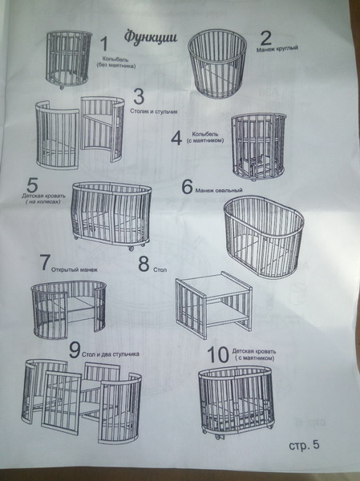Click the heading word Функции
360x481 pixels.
(x=151, y=37)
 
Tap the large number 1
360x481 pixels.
(x=105, y=44)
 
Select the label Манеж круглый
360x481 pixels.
(x=277, y=48)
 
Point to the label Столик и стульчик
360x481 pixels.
(x=154, y=111)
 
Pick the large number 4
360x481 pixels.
(x=176, y=138)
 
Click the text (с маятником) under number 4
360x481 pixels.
(x=205, y=140)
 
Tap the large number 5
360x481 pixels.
(x=32, y=186)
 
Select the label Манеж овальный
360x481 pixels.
(x=219, y=190)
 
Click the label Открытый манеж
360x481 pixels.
(x=75, y=270)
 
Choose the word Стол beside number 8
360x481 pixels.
(x=160, y=270)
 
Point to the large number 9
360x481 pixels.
(x=75, y=350)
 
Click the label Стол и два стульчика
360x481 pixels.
(x=111, y=354)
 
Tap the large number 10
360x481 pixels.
(x=218, y=355)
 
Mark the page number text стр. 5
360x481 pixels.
(x=304, y=445)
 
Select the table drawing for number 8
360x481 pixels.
(x=214, y=304)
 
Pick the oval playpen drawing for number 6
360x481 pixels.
(x=265, y=236)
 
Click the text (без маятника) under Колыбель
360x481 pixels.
(x=116, y=66)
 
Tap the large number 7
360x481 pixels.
(x=45, y=263)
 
